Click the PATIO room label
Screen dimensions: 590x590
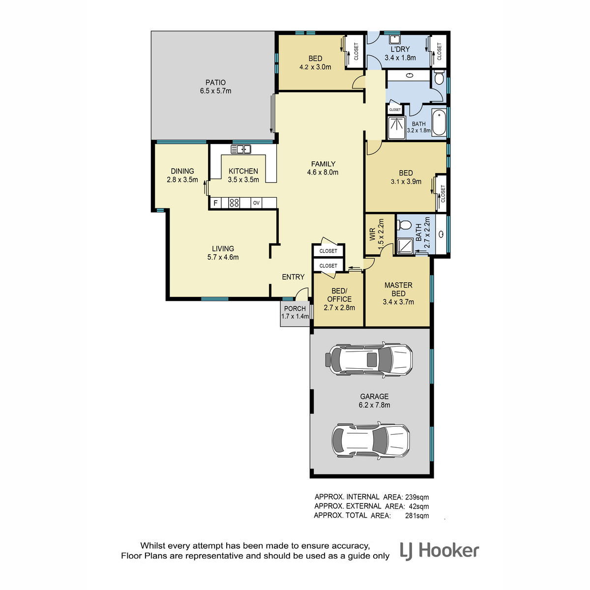pyautogui.click(x=215, y=83)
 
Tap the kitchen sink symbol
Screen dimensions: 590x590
pyautogui.click(x=240, y=149)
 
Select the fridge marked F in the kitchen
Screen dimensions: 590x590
pyautogui.click(x=215, y=203)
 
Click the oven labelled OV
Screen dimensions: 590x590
pyautogui.click(x=256, y=203)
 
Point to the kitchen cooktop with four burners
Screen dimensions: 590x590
pyautogui.click(x=234, y=203)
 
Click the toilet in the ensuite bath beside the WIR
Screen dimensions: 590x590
pyautogui.click(x=404, y=225)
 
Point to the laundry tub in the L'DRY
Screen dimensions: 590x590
pyautogui.click(x=395, y=39)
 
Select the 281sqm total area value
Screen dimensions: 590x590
pyautogui.click(x=417, y=516)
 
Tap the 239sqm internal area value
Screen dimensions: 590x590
pyautogui.click(x=417, y=497)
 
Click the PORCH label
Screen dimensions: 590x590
pyautogui.click(x=295, y=308)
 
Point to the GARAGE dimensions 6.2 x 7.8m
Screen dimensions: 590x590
pyautogui.click(x=374, y=405)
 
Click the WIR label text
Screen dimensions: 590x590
pyautogui.click(x=372, y=234)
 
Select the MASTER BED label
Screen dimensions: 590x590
pyautogui.click(x=398, y=289)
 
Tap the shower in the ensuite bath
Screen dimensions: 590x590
pyautogui.click(x=405, y=246)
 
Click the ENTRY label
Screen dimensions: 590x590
pyautogui.click(x=293, y=277)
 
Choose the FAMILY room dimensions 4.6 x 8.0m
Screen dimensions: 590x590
pyautogui.click(x=323, y=173)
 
